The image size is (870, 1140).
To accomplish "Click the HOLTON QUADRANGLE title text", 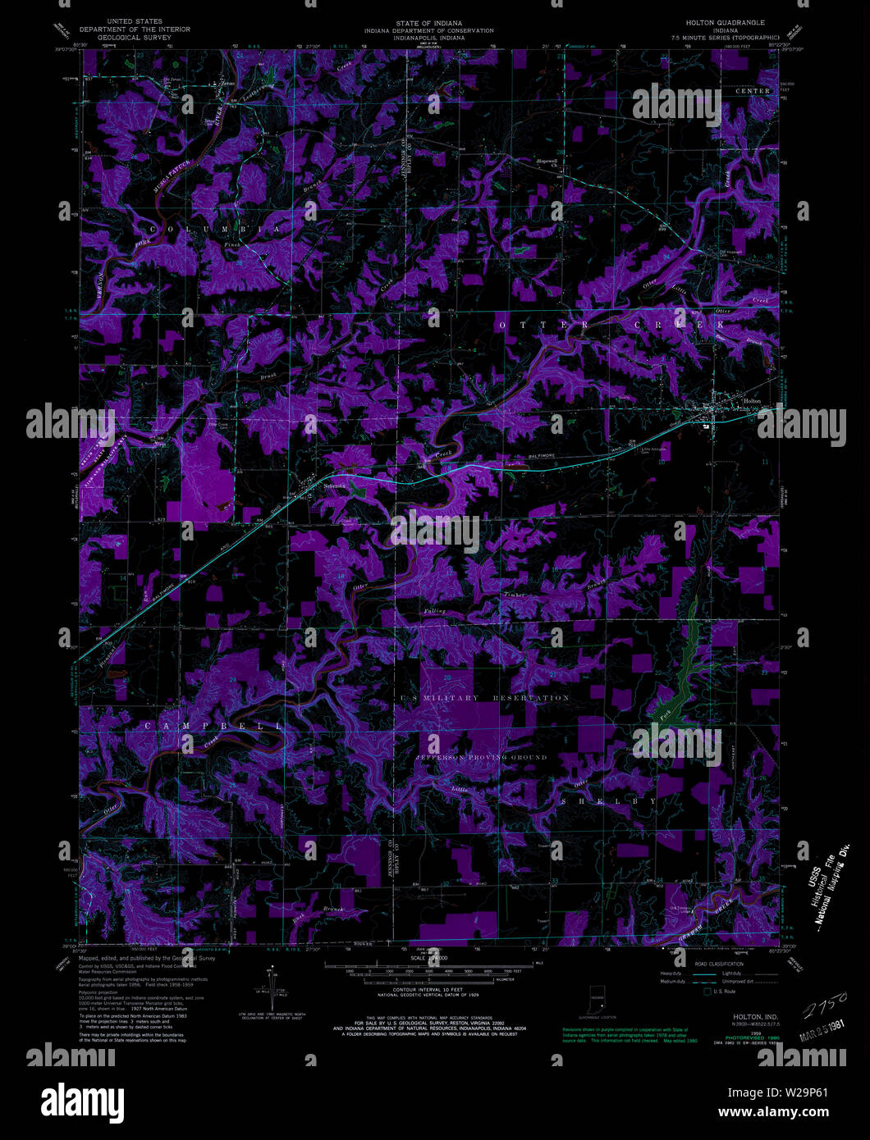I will click(728, 22).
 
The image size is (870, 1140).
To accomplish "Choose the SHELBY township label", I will click(608, 800).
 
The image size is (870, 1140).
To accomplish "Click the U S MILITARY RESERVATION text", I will click(484, 698).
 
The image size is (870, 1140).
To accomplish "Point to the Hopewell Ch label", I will click(547, 162).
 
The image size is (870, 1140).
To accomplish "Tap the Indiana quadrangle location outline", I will click(596, 998).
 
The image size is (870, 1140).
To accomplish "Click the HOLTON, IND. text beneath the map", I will click(744, 1016).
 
